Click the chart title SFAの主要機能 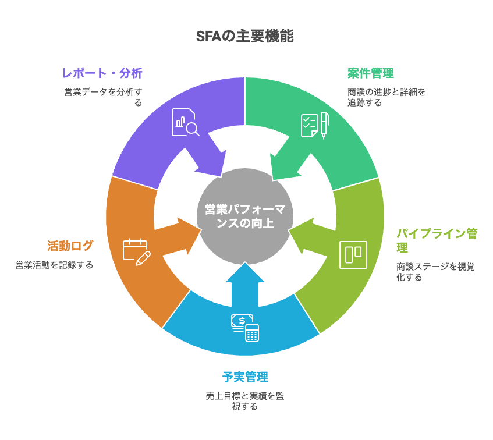point(245,36)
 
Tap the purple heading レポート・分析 point(102,73)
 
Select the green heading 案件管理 point(371,73)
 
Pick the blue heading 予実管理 point(245,377)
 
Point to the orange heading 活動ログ point(70,246)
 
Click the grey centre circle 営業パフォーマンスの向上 point(245,215)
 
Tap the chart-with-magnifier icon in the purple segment point(185,122)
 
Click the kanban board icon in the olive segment point(353,255)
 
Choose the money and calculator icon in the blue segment point(245,328)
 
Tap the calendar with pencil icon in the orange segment point(137,252)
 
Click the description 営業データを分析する point(103,97)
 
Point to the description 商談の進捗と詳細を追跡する point(386,97)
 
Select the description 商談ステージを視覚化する point(435,272)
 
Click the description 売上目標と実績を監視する point(245,401)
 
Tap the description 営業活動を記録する point(54,265)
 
